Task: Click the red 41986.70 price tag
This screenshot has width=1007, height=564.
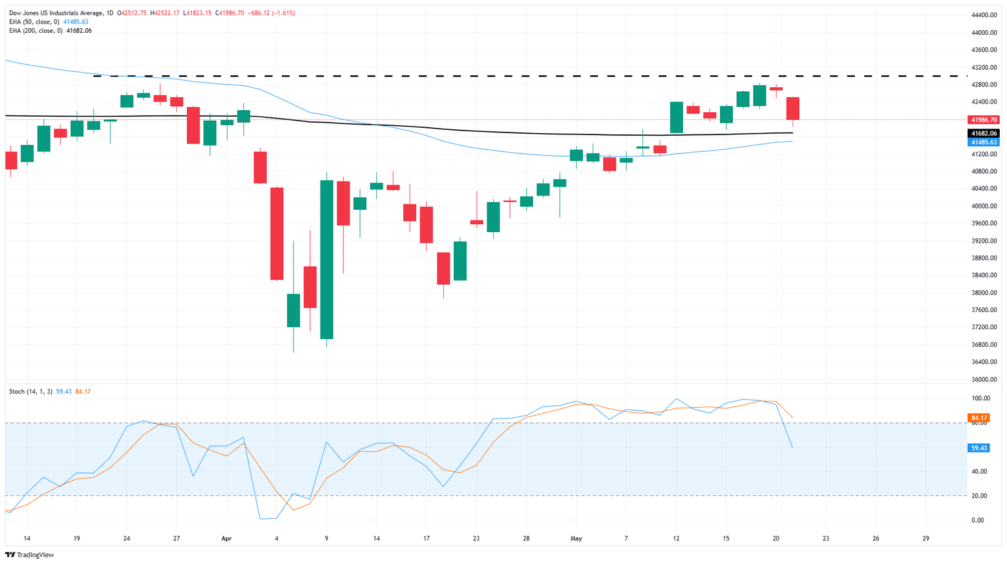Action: click(x=983, y=120)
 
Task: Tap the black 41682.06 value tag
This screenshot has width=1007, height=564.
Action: click(x=983, y=133)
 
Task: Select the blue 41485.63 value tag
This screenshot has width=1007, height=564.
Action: click(x=983, y=142)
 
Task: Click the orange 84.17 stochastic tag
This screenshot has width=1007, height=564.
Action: click(x=979, y=418)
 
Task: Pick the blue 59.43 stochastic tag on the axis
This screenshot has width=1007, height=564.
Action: click(x=979, y=448)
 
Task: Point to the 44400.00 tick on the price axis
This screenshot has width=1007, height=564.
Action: click(x=985, y=15)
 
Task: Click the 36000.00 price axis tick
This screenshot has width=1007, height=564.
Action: click(x=985, y=380)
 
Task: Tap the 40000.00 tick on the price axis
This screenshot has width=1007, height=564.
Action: click(x=985, y=206)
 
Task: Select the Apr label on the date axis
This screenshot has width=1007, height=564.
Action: click(x=227, y=538)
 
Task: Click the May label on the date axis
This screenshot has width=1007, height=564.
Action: click(x=576, y=538)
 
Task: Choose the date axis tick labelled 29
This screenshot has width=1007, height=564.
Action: click(x=925, y=538)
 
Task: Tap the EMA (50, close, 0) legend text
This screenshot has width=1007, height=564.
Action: click(x=34, y=22)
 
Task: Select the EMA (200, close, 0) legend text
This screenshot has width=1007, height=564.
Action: click(x=36, y=31)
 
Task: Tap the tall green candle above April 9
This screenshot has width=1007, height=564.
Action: click(x=326, y=260)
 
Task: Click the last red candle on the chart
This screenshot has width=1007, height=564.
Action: click(x=793, y=108)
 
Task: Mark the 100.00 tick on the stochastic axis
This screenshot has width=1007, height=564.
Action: click(x=981, y=398)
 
